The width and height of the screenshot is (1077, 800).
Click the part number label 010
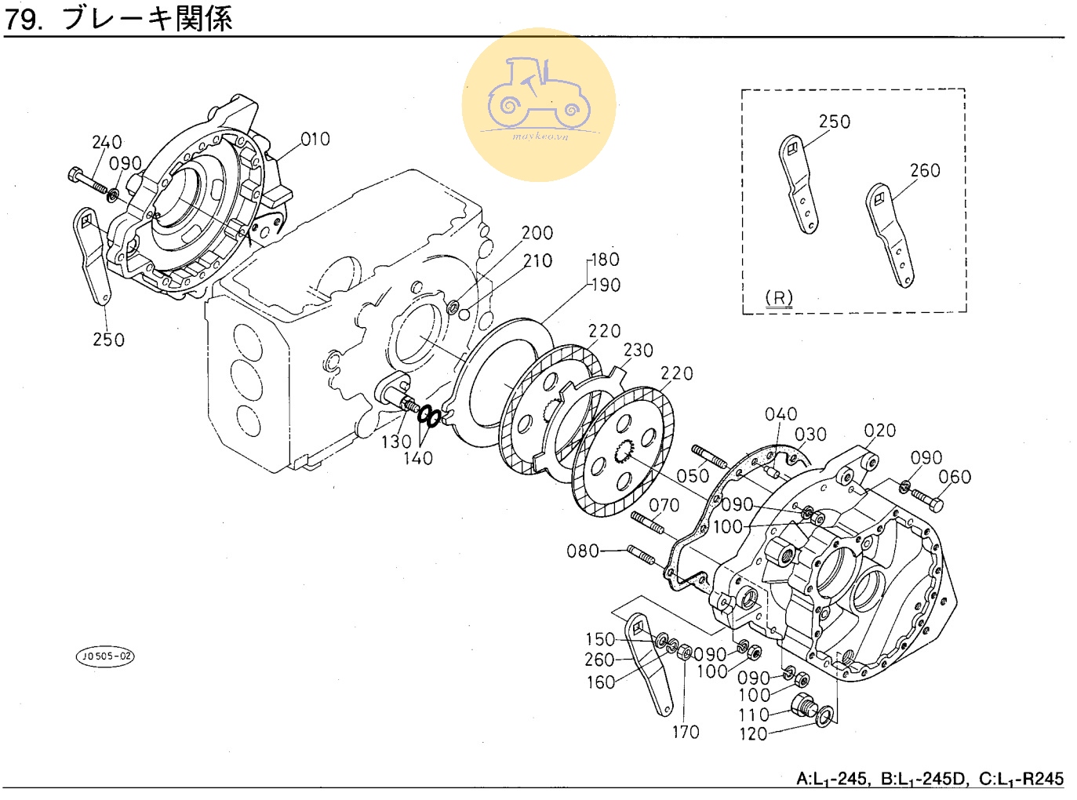coord(315,140)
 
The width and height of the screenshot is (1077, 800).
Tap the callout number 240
coord(107,143)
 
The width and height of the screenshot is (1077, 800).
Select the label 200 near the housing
coord(537,233)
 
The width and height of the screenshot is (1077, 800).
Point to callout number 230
coord(638,351)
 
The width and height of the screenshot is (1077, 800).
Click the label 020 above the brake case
coord(879,431)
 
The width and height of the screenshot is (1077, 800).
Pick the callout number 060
coord(955,477)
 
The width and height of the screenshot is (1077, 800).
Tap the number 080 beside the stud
coord(583,551)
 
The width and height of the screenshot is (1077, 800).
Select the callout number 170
coord(686,732)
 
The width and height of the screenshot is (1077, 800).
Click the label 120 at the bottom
coord(753,734)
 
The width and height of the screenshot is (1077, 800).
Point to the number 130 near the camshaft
coord(396,442)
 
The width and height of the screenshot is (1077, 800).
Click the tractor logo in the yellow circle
coord(539,94)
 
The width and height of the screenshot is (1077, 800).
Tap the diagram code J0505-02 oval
coord(105,656)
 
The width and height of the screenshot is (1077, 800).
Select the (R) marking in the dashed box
coord(779,298)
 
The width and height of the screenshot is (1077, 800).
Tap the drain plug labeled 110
coord(802,706)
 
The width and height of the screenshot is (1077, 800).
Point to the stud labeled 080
coord(641,555)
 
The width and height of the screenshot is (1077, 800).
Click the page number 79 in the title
coord(21,19)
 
